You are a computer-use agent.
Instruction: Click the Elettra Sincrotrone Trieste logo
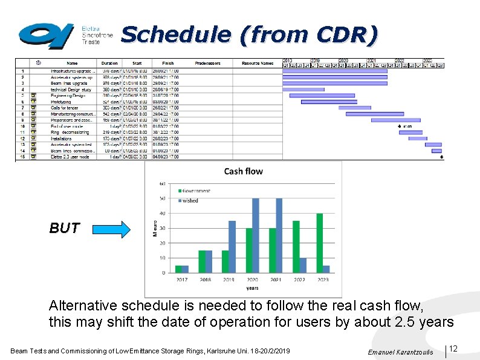point(65,36)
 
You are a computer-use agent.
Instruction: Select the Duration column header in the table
point(109,63)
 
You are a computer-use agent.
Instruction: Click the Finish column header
point(167,63)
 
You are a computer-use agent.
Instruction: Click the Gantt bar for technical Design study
point(303,89)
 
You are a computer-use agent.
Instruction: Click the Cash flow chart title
point(243,171)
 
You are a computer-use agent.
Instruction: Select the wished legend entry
point(190,200)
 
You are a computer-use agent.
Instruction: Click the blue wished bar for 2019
point(232,247)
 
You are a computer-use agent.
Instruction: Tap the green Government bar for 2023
point(319,243)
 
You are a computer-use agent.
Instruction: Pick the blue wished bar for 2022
point(303,265)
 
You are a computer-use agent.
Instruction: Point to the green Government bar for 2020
point(248,250)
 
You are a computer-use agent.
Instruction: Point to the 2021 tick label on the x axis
point(275,280)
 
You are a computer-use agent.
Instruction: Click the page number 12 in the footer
point(453,349)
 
